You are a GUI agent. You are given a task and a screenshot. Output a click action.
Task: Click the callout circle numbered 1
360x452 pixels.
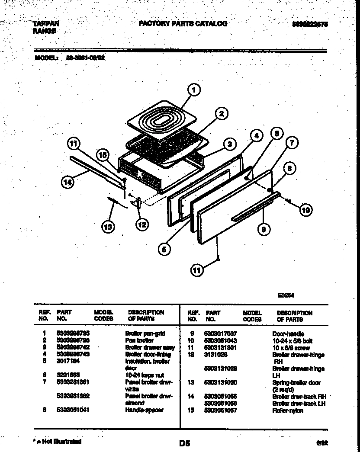[x=194, y=90]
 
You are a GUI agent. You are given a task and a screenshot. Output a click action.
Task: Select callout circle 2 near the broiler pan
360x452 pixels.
[x=221, y=114]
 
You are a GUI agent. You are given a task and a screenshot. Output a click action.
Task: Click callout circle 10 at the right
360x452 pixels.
[x=305, y=211]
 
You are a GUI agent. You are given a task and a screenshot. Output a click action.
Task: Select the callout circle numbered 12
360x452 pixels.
[x=141, y=224]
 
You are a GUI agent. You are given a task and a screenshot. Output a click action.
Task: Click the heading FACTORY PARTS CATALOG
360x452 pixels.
[x=183, y=24]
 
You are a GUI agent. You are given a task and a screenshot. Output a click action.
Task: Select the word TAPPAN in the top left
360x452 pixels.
[x=46, y=24]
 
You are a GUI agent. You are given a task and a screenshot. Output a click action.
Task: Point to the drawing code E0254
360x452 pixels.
[x=286, y=296]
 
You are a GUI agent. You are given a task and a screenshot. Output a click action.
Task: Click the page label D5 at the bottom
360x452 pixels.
[x=184, y=443]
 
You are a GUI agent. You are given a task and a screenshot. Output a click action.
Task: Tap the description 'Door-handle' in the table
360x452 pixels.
[x=288, y=334]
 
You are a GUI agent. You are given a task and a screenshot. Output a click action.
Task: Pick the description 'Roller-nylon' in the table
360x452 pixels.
[x=288, y=410]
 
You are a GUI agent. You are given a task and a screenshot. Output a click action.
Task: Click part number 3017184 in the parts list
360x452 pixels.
[x=67, y=361]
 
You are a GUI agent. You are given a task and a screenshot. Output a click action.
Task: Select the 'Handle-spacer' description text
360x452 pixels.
[x=144, y=410]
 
